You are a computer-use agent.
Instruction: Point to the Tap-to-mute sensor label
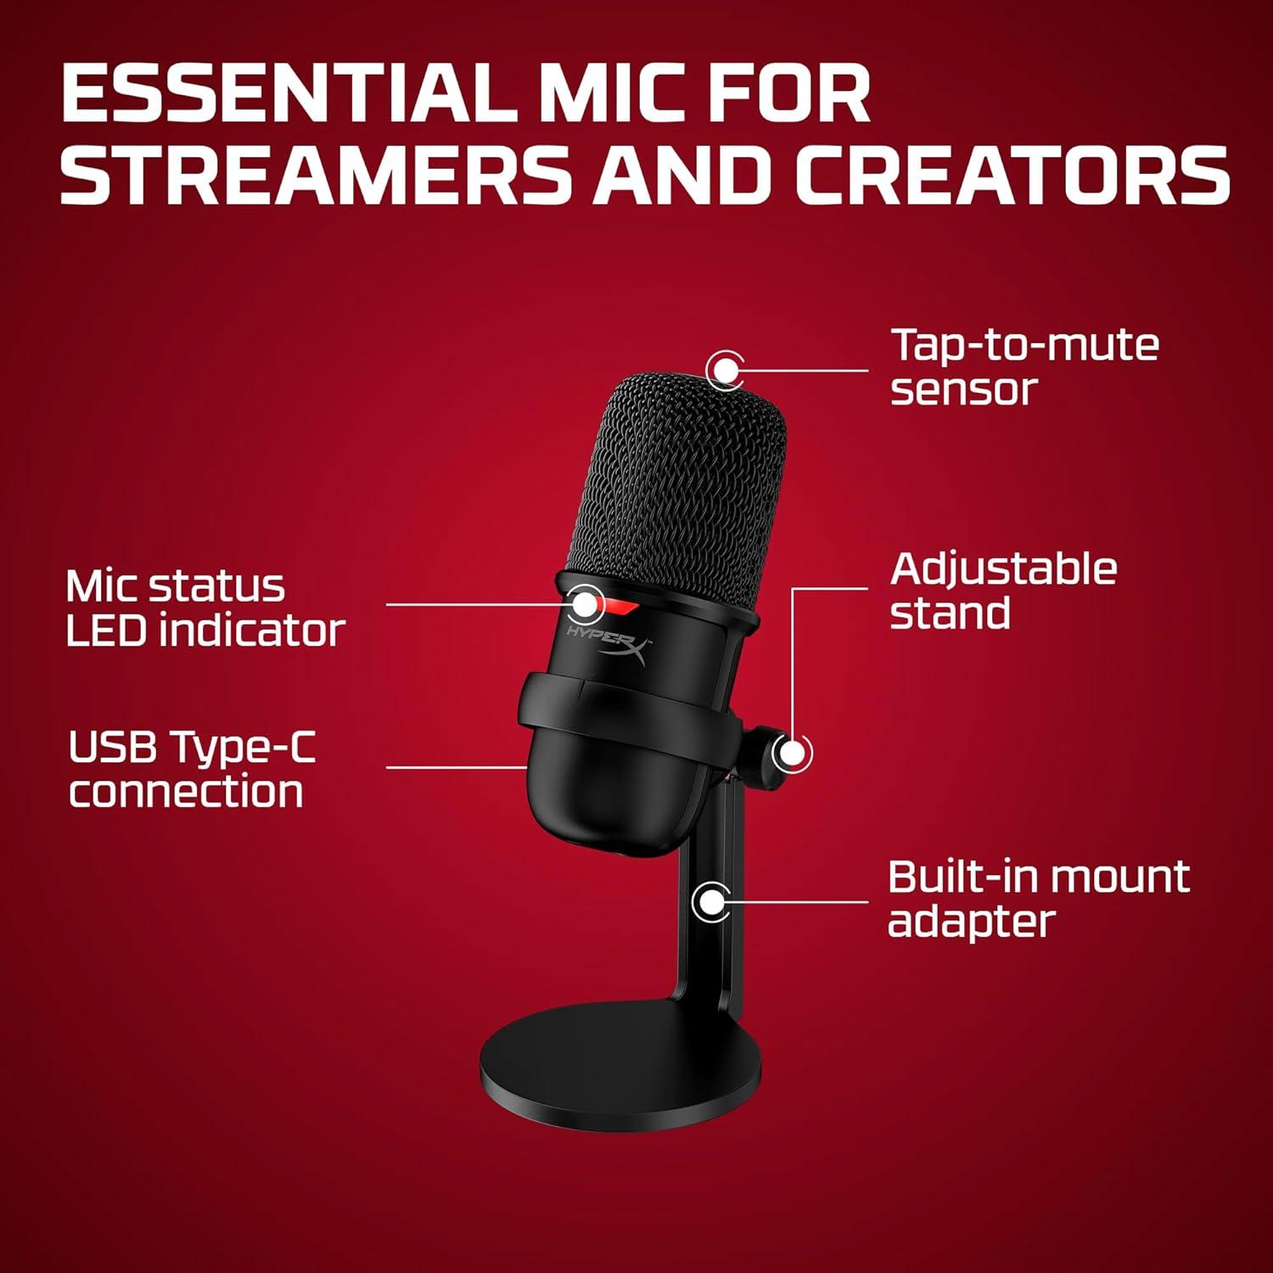(1024, 367)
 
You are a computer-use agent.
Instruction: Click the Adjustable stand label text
(1003, 591)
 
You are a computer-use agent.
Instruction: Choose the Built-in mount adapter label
(1038, 899)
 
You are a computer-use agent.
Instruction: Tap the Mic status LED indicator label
(205, 608)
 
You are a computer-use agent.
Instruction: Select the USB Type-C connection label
(191, 769)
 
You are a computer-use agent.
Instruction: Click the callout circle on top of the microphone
(725, 369)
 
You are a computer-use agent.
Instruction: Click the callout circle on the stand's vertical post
(711, 901)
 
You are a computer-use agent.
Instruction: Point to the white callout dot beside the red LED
(585, 604)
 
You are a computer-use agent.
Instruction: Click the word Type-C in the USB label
(242, 747)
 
